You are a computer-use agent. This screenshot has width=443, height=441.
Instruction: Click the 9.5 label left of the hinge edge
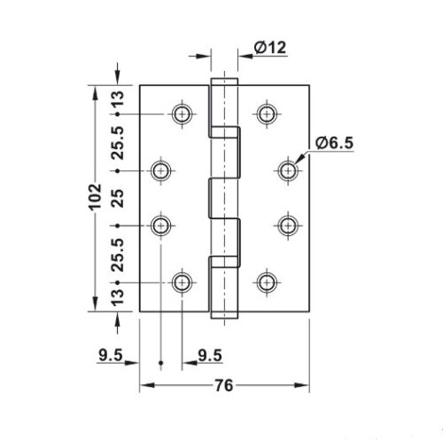112,358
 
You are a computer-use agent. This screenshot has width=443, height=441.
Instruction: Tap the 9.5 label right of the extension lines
210,358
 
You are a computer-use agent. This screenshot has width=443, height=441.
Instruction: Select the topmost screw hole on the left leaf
182,113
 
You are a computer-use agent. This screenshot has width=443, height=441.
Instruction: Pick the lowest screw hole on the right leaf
265,283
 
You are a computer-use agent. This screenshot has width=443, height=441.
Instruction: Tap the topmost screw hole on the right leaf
265,113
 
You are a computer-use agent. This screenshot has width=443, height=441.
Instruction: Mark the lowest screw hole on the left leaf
182,283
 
